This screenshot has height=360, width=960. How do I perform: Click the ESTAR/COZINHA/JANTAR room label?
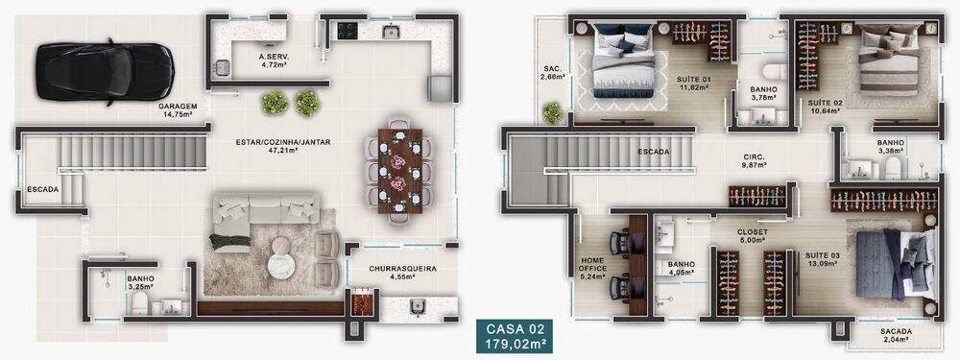pos(282,146)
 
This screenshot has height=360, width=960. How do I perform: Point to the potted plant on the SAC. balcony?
pos(553,112)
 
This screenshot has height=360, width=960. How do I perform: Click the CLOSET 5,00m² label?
pos(752,236)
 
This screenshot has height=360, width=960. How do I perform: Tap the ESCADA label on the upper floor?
pos(653,152)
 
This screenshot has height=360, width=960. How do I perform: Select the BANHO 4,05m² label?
pos(682,268)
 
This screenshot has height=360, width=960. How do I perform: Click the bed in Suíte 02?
pos(886,60)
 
